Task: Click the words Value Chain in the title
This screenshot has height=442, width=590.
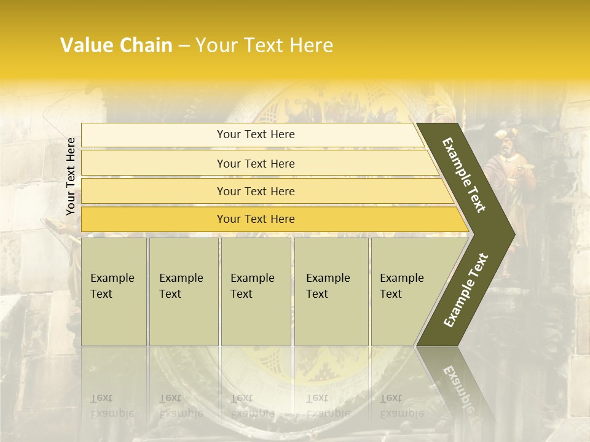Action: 116,45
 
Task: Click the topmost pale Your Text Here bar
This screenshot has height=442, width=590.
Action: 255,134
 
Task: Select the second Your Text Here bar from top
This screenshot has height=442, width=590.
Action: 255,163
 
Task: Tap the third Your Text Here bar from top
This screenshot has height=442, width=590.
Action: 255,191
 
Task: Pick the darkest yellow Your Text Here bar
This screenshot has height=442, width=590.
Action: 255,219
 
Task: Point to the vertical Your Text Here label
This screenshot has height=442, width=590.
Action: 71,176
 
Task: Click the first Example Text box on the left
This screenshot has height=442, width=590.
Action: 114,292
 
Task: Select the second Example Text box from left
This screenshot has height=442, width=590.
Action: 183,292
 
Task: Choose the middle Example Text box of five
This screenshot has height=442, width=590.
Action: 256,292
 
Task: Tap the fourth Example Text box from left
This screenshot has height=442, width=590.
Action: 331,292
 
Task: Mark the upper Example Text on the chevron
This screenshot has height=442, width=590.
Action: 464,175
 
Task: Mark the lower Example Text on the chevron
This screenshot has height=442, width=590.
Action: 465,290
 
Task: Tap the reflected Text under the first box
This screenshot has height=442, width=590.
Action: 101,398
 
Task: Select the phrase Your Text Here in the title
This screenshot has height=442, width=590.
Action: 264,45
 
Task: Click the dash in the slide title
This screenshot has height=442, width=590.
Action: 184,46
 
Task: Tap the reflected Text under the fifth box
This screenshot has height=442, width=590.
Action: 391,398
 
